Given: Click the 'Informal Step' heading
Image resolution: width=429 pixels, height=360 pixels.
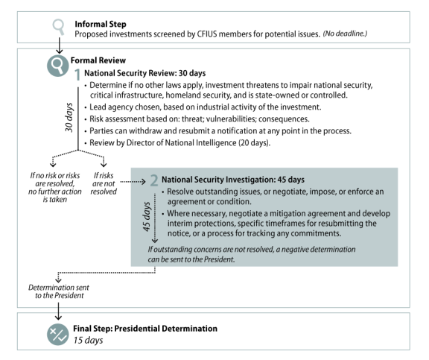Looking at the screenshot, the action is [101, 24].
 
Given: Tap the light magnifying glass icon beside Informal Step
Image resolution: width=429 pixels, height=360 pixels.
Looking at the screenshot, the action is [59, 27].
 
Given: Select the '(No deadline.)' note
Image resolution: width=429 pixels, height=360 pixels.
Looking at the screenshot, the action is [345, 34].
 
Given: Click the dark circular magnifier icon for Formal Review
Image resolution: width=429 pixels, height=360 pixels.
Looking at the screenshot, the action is [58, 66].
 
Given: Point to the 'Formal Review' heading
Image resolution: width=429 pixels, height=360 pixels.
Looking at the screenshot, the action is [98, 60].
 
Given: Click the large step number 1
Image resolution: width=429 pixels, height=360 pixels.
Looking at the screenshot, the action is [77, 75].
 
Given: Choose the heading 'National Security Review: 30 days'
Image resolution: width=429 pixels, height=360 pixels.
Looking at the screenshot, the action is [144, 73].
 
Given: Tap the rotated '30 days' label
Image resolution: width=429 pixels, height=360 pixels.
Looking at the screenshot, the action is [69, 117].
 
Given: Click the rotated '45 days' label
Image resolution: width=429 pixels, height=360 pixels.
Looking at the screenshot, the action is [147, 217].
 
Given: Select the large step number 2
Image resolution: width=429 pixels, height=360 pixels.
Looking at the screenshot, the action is [154, 180].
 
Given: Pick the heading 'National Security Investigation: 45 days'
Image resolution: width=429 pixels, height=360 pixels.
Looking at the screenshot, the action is [233, 180].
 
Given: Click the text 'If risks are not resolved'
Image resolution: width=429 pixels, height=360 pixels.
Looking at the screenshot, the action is [104, 183].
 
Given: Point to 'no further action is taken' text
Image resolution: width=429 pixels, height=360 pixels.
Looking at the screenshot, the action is [55, 195].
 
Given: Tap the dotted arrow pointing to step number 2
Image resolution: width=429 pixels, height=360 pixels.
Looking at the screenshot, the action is [133, 182].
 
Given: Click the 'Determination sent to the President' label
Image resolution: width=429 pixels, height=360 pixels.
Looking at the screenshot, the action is [59, 291].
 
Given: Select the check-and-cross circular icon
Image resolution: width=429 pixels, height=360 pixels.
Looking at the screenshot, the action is [58, 334].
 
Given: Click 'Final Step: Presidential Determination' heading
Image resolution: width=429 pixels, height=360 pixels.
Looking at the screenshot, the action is [145, 329].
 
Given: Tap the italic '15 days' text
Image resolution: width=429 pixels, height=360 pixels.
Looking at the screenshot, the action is [88, 340].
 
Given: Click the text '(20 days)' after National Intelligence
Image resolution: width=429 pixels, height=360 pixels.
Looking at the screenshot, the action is [254, 143].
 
